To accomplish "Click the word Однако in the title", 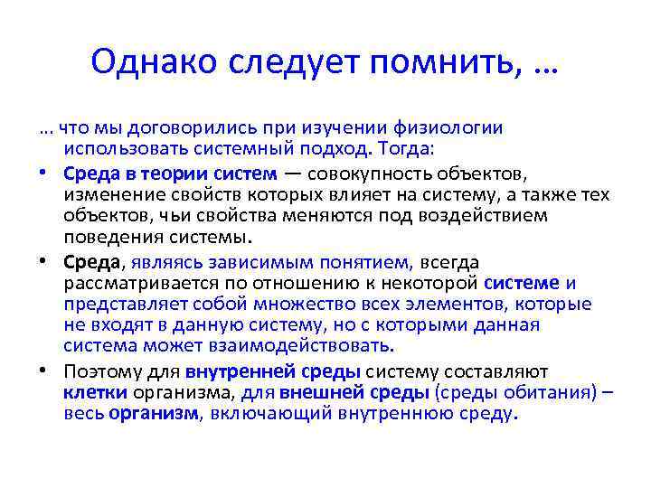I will (156, 63).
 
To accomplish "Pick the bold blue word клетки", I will (96, 393).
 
